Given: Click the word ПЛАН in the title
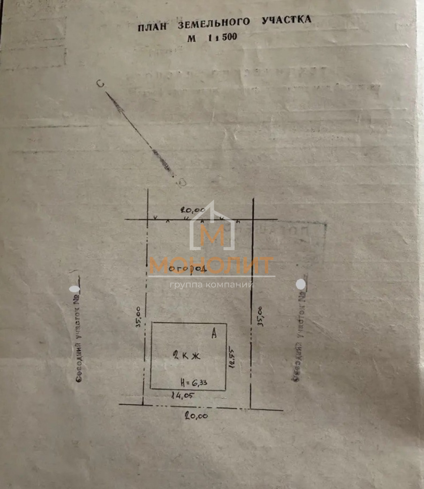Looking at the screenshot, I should pos(152,26).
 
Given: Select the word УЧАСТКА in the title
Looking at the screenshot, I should pos(286,20).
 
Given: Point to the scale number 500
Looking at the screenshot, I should pos(229,37).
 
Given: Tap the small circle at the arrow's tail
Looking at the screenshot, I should pos(182,182).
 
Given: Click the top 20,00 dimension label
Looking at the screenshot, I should pos(193,210).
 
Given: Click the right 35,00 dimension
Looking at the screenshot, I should pos(260,317).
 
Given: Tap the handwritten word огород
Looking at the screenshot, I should pos(188,269).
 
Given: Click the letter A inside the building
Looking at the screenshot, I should pos(214,333).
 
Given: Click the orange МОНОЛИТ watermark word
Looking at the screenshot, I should pos(211,265).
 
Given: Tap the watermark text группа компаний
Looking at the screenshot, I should pos(211,285).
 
